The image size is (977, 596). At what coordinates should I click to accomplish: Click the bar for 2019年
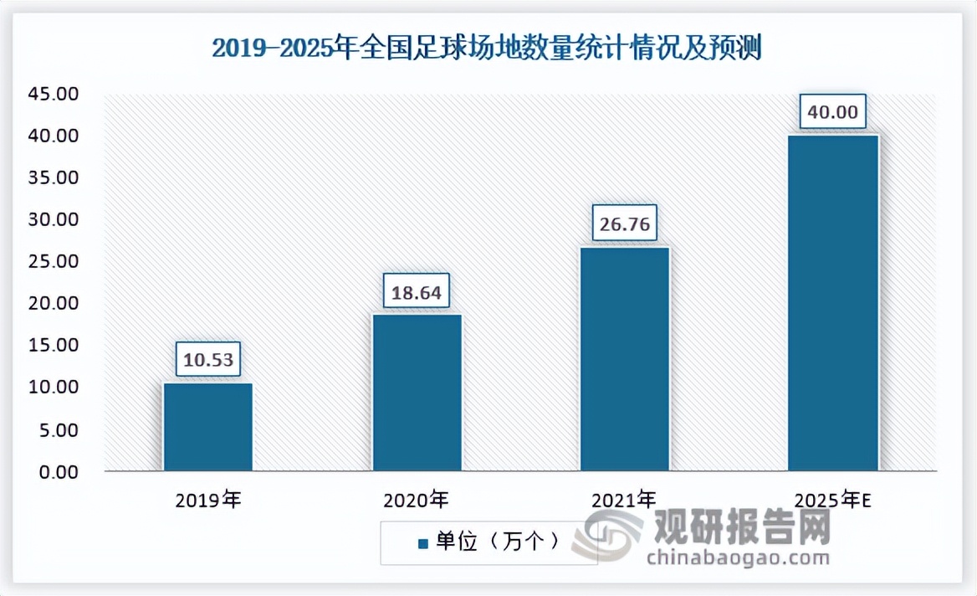click(x=207, y=427)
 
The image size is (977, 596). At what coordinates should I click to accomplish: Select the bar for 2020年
click(x=417, y=393)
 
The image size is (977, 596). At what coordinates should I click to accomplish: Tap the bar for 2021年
click(x=625, y=359)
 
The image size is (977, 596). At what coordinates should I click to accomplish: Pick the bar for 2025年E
click(x=833, y=303)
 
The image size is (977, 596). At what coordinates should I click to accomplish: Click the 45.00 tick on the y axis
click(x=54, y=94)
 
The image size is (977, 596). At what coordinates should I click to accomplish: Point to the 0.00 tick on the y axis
click(x=59, y=472)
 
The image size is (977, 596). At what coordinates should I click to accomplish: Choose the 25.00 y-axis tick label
click(x=54, y=262)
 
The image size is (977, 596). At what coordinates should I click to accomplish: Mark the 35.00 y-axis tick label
click(x=54, y=177)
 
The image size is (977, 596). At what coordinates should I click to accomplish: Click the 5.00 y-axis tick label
click(x=59, y=430)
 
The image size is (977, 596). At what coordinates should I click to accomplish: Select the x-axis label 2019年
click(x=207, y=501)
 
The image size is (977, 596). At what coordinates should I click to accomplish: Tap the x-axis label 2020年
click(x=416, y=501)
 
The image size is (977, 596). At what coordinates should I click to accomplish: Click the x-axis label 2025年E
click(x=833, y=501)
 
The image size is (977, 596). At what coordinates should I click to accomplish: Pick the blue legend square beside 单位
click(x=422, y=543)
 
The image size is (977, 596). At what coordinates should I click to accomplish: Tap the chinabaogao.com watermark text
click(x=727, y=557)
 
